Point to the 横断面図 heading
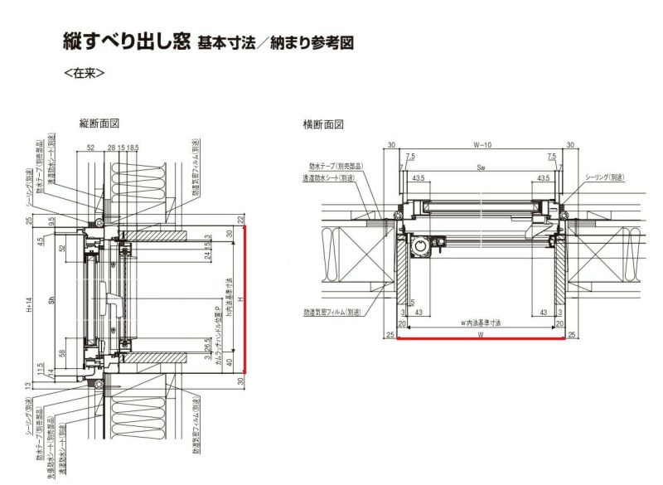click(323, 124)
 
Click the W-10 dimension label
click(482, 145)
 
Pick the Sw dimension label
click(480, 167)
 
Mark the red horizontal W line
click(482, 338)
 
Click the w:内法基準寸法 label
click(482, 322)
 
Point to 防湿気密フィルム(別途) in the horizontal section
click(335, 313)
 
